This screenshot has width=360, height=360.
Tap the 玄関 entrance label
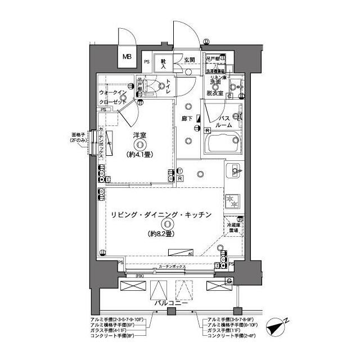[188, 60]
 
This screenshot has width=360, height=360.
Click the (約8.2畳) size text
[161, 233]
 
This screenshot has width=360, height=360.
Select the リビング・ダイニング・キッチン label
[161, 215]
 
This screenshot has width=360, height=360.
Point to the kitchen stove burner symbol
[232, 199]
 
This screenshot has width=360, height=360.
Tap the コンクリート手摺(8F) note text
[113, 336]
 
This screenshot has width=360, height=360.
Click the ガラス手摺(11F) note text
[223, 331]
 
